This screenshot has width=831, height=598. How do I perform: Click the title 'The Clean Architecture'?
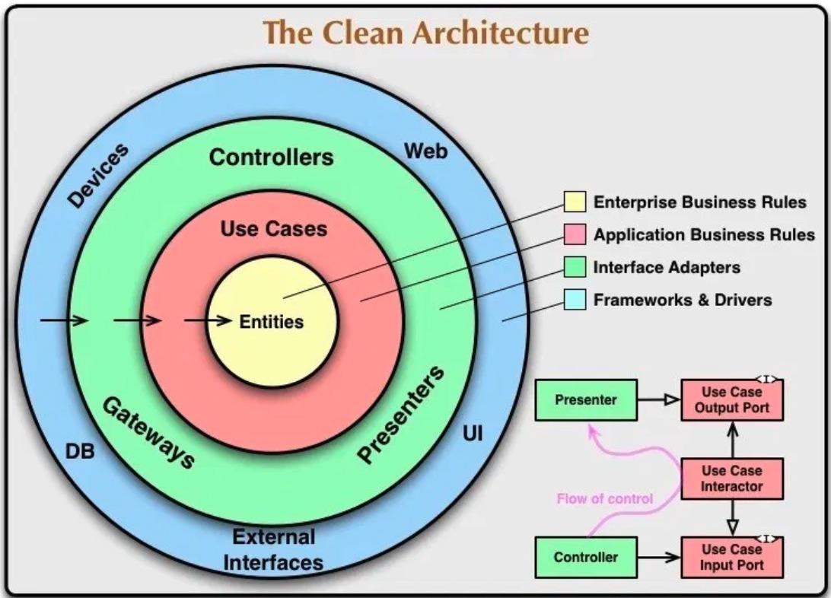(x=425, y=33)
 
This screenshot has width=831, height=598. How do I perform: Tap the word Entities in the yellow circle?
(x=271, y=322)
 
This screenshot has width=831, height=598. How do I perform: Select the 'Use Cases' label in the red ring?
(x=273, y=228)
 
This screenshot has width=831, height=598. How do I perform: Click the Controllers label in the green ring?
(x=271, y=157)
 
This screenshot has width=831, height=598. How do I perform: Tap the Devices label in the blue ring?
(x=97, y=176)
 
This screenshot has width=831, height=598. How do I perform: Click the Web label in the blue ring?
(x=425, y=151)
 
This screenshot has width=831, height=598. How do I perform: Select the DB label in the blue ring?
(x=79, y=451)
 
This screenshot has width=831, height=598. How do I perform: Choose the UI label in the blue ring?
(x=473, y=434)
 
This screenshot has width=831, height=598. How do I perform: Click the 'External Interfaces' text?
(x=273, y=549)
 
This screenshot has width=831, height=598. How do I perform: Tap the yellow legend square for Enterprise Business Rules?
(x=575, y=202)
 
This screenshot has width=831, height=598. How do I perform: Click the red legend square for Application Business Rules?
(x=575, y=234)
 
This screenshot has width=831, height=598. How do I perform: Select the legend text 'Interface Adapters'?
(x=667, y=267)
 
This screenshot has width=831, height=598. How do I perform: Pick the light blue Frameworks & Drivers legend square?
(x=575, y=299)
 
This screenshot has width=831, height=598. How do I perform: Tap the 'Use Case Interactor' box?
(x=731, y=479)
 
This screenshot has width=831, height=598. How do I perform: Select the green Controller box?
(x=585, y=557)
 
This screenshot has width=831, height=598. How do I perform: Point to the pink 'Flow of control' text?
(x=605, y=499)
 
